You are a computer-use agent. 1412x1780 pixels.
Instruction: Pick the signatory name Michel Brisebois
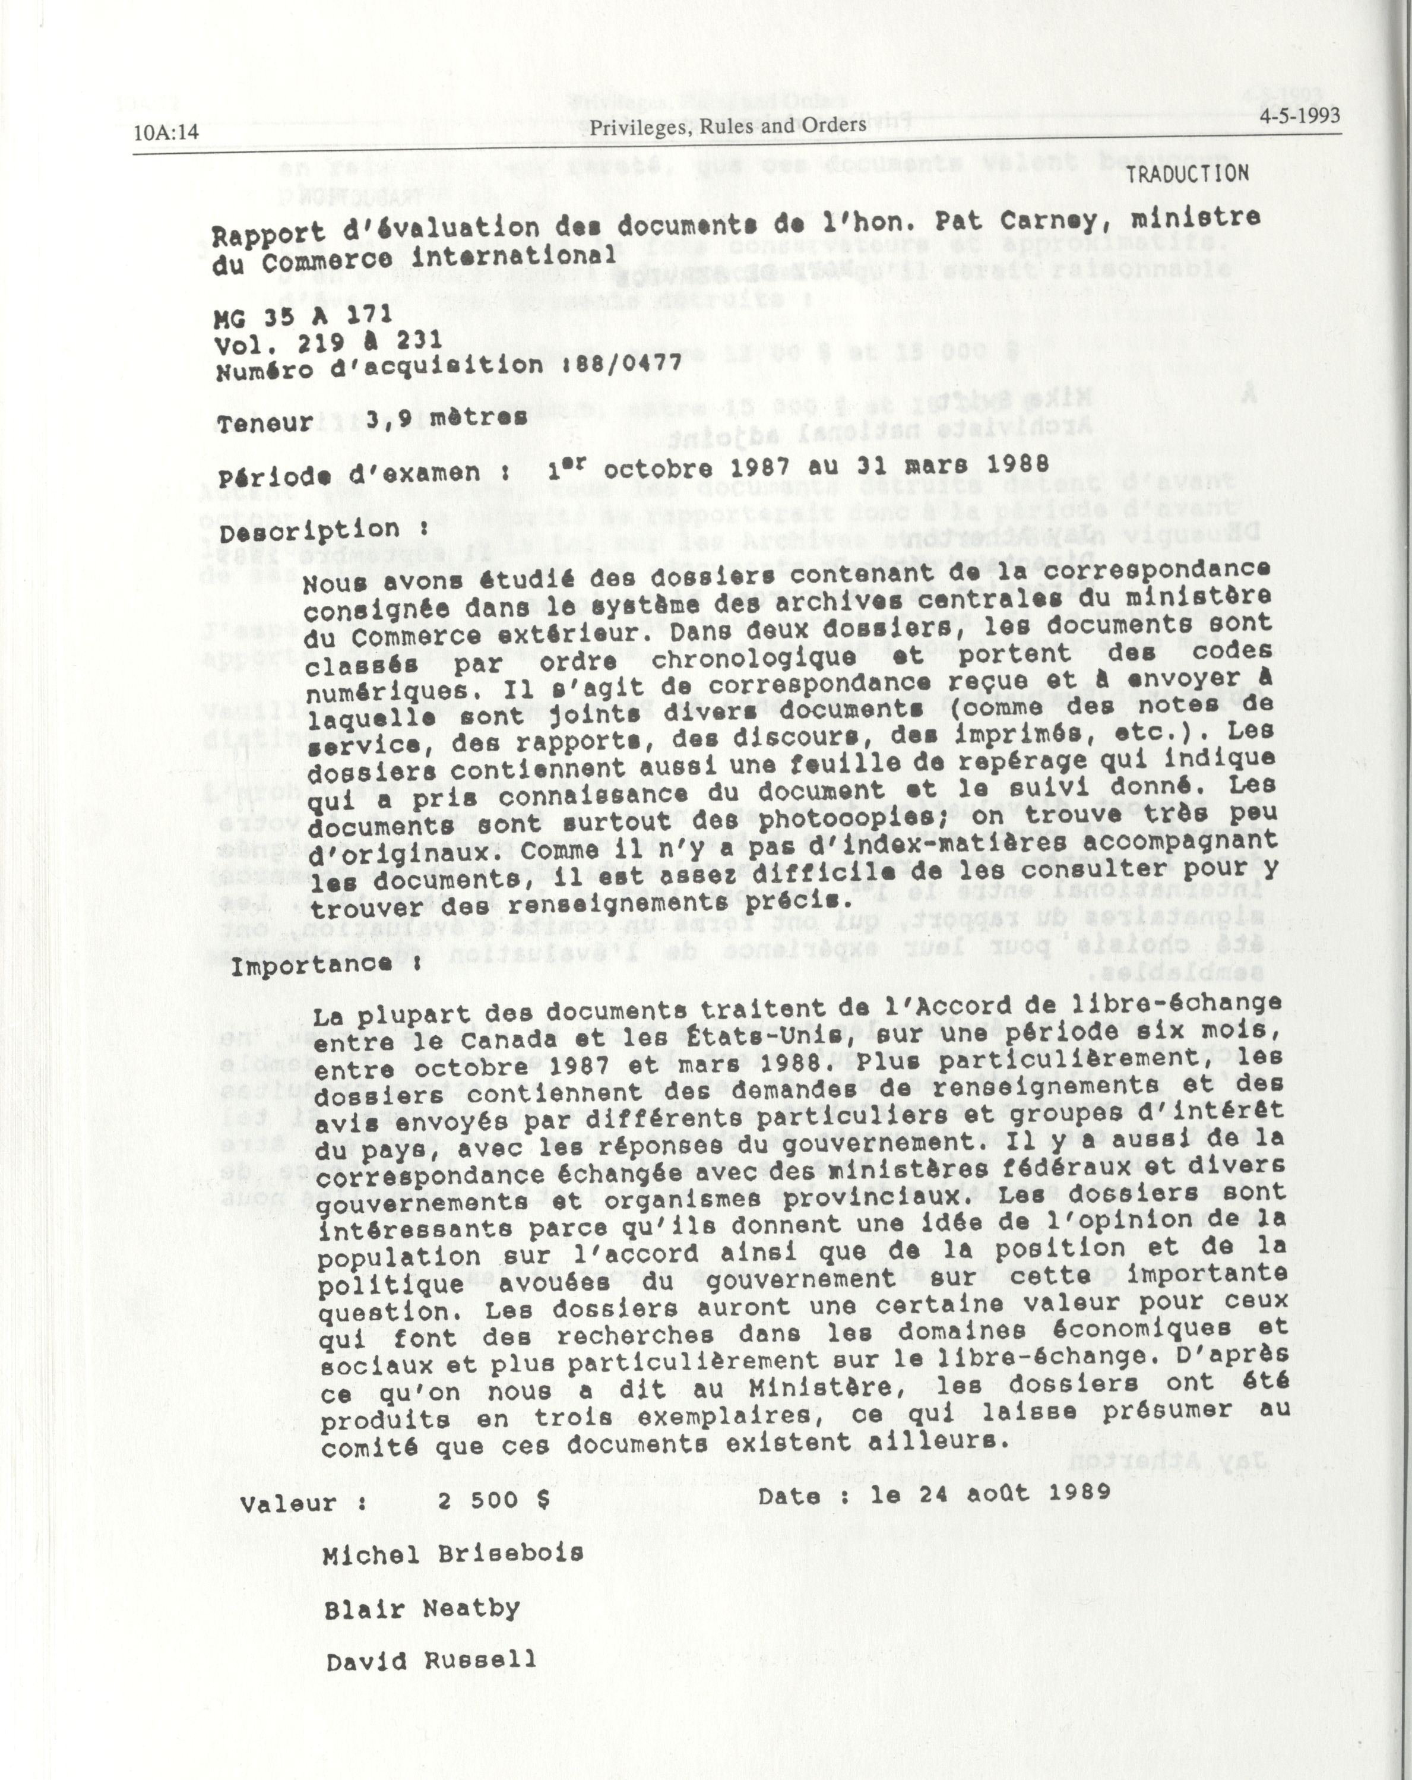coord(453,1554)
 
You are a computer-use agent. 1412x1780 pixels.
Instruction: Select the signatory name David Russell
coord(430,1660)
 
